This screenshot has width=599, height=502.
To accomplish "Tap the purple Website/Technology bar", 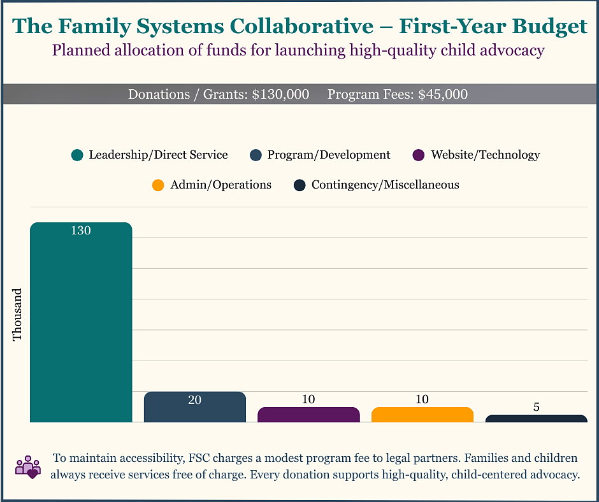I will pyautogui.click(x=308, y=415).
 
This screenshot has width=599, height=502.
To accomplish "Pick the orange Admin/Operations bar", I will pyautogui.click(x=422, y=415).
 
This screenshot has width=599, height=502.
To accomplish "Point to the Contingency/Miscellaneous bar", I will pyautogui.click(x=536, y=419).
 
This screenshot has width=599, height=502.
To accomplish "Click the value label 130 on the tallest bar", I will pyautogui.click(x=81, y=231).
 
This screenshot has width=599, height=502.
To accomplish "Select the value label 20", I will pyautogui.click(x=194, y=399).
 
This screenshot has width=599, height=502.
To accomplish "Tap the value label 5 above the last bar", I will pyautogui.click(x=536, y=406).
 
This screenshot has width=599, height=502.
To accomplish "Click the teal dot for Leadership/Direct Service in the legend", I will pyautogui.click(x=78, y=155).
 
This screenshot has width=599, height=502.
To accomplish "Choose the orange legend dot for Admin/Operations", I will pyautogui.click(x=158, y=185).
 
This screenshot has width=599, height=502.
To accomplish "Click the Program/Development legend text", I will pyautogui.click(x=329, y=155).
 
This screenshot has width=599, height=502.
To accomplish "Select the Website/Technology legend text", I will pyautogui.click(x=485, y=155).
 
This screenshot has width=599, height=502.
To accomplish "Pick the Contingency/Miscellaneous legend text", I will pyautogui.click(x=385, y=185).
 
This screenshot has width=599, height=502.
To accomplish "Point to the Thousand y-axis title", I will pyautogui.click(x=18, y=314).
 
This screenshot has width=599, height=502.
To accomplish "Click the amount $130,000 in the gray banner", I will pyautogui.click(x=280, y=94).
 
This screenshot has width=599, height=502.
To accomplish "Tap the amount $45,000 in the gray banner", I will pyautogui.click(x=442, y=94).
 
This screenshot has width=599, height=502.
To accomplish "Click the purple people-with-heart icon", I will pyautogui.click(x=27, y=466).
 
